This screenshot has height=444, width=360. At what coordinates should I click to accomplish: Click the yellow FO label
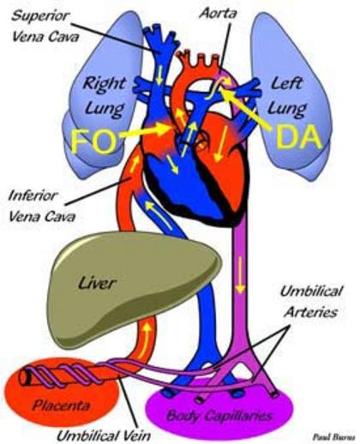tap(93, 141)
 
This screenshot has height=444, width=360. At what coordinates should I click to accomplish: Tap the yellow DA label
tap(297, 137)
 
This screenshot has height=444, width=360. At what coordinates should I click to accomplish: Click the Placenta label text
tap(61, 405)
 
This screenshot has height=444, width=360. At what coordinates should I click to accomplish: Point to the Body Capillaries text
tap(219, 415)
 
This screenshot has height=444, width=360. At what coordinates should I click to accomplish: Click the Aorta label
tap(218, 13)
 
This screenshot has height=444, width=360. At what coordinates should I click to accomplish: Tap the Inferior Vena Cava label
tap(42, 207)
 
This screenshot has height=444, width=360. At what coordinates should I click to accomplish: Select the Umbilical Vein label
tap(104, 435)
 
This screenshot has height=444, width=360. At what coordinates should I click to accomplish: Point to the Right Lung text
tap(105, 97)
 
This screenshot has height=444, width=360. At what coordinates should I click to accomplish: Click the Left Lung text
tap(287, 97)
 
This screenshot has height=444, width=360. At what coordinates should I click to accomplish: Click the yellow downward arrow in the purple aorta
tap(240, 274)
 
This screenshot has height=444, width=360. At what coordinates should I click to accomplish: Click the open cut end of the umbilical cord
tap(26, 377)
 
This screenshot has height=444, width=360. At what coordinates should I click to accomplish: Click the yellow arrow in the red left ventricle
tap(221, 144)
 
